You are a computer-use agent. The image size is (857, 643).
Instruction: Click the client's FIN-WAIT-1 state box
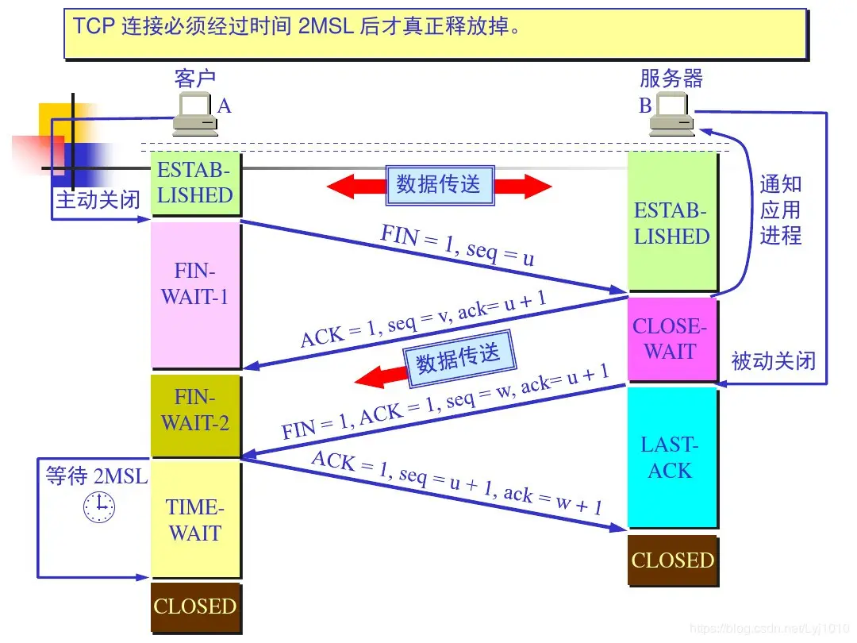195,294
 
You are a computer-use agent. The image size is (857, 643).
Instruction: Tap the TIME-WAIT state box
195,519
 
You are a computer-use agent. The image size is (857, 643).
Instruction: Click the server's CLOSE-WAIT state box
671,340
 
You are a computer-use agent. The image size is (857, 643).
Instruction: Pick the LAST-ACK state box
671,456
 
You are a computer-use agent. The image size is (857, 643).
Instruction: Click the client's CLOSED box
195,607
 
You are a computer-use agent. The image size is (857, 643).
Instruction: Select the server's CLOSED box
672,560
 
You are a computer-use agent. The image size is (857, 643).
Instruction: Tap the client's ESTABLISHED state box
195,183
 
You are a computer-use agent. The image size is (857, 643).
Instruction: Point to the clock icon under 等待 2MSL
99,506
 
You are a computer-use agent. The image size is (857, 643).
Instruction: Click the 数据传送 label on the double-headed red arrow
439,185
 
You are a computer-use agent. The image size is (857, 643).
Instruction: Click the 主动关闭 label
98,200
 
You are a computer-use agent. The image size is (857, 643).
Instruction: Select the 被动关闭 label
773,361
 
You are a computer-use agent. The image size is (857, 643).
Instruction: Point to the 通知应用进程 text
781,210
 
